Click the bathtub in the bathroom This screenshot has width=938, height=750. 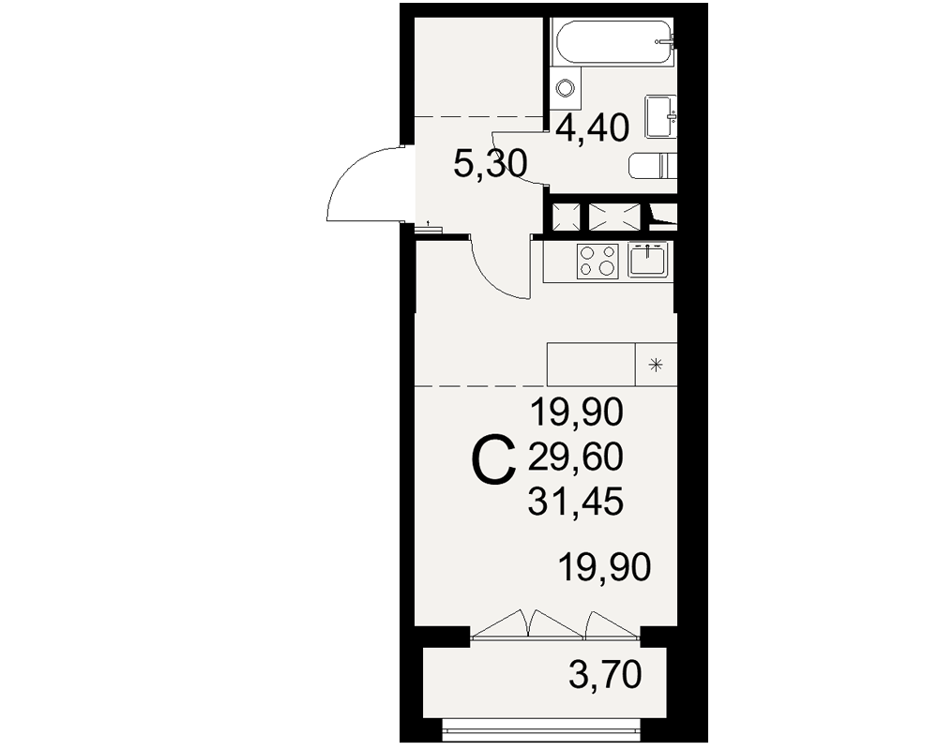click(614, 42)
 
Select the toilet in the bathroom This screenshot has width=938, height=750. click(653, 166)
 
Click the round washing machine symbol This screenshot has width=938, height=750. click(565, 88)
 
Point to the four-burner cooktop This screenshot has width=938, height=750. click(598, 262)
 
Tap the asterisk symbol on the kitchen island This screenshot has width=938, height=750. click(657, 365)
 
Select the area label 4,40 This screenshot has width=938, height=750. click(592, 128)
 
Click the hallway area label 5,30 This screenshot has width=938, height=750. click(490, 164)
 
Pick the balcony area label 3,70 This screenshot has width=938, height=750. click(605, 676)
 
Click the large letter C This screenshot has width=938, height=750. click(494, 460)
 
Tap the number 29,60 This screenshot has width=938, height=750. click(576, 458)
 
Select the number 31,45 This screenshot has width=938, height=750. click(576, 502)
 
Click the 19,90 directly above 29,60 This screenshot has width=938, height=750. click(577, 413)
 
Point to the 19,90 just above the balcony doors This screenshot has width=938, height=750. click(604, 567)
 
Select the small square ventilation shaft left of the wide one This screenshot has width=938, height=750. click(566, 217)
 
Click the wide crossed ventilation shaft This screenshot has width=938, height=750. click(614, 217)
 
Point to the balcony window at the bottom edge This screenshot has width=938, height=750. click(541, 727)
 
